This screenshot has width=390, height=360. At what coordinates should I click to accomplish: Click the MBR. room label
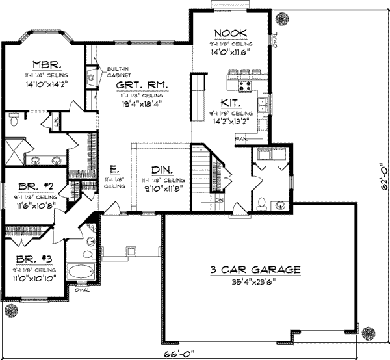(x=47, y=65)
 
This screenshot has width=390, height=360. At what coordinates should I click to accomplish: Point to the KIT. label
(x=231, y=102)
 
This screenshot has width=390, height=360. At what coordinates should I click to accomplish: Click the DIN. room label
(x=161, y=170)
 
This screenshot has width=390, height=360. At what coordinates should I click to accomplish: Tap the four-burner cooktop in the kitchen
(x=246, y=86)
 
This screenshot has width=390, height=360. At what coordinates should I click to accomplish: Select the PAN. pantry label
(x=240, y=138)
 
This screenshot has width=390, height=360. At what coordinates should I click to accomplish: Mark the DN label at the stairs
(x=219, y=201)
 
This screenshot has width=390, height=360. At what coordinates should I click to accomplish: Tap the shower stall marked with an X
(x=13, y=152)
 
